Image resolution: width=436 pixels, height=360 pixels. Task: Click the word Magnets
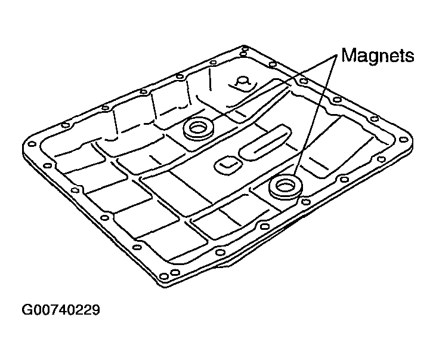click(378, 56)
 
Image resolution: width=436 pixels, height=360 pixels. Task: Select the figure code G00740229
click(61, 310)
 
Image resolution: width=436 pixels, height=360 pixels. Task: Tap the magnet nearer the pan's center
click(199, 129)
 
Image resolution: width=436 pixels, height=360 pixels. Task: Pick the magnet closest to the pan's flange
click(286, 186)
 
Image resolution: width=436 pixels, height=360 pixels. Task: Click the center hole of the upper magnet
click(198, 128)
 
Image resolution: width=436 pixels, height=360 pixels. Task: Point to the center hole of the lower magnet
click(285, 185)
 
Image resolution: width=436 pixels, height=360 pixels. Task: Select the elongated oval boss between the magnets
click(265, 142)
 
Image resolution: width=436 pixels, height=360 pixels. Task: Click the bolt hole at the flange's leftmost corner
click(32, 144)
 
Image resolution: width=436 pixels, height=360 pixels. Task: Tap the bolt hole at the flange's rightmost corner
click(403, 140)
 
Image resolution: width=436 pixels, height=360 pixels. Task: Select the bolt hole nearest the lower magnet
click(305, 202)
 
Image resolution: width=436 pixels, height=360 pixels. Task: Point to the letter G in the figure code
click(27, 310)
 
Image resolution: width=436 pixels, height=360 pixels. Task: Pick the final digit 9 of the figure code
click(95, 310)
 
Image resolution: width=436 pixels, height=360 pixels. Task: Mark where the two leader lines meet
click(336, 56)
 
